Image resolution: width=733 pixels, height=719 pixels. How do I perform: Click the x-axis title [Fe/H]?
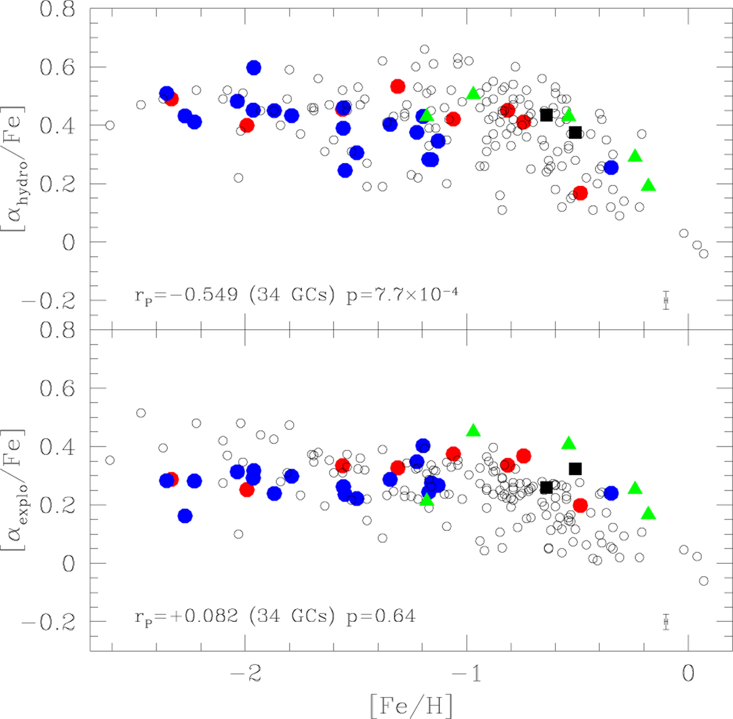click(411, 706)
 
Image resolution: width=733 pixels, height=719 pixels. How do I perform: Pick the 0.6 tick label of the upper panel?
click(58, 67)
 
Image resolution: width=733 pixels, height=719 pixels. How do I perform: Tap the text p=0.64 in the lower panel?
click(381, 616)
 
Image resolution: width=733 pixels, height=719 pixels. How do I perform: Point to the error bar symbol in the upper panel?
click(666, 300)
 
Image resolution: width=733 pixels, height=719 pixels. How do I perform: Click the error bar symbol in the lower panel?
click(666, 622)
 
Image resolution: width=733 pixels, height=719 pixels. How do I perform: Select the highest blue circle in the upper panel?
click(253, 67)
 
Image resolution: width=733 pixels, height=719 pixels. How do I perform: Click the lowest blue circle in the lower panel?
click(185, 516)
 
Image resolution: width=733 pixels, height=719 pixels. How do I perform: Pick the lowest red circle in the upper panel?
click(580, 193)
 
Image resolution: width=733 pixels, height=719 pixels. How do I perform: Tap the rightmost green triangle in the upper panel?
click(649, 185)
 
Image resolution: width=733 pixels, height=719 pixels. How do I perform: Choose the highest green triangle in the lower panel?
click(473, 431)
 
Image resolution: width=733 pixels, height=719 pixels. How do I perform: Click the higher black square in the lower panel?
click(575, 469)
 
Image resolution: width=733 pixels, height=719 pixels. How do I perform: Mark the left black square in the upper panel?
click(547, 115)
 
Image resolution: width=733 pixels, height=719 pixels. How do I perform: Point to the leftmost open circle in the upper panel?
click(110, 125)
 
